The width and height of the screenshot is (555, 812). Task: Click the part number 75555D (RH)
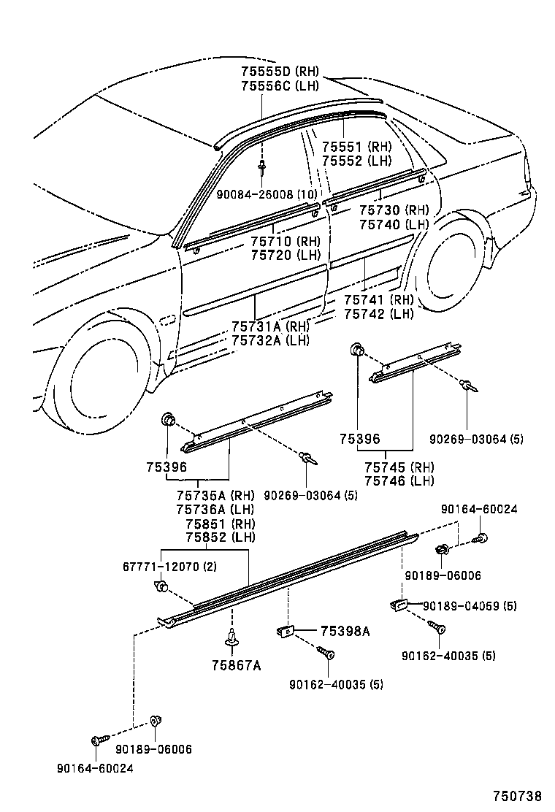pyautogui.click(x=275, y=72)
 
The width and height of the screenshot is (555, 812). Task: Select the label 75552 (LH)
pyautogui.click(x=357, y=161)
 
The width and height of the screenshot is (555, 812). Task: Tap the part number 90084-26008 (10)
pyautogui.click(x=265, y=195)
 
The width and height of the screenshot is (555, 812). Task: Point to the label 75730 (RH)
pyautogui.click(x=394, y=210)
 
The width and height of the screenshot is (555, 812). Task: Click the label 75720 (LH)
pyautogui.click(x=286, y=255)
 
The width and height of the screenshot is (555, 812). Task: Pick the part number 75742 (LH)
pyautogui.click(x=378, y=314)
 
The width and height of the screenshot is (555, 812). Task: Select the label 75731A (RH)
pyautogui.click(x=270, y=326)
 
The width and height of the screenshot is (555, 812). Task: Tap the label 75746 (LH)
pyautogui.click(x=399, y=480)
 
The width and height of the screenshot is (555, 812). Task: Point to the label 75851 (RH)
pyautogui.click(x=219, y=524)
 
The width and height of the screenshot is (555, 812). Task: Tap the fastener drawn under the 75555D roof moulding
pyautogui.click(x=261, y=167)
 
